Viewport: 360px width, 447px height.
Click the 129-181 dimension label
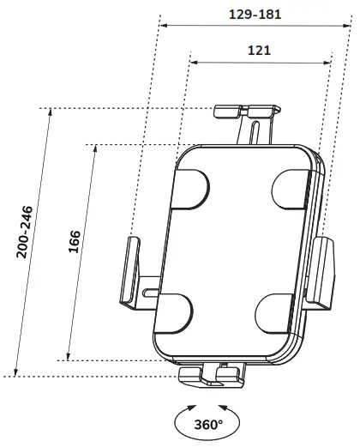[255, 15]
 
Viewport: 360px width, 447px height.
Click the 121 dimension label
[260, 50]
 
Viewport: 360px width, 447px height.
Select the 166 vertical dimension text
[75, 242]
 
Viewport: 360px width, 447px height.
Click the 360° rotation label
[207, 423]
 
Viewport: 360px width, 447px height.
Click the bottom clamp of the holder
[214, 374]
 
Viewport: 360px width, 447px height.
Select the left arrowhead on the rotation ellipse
[191, 409]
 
